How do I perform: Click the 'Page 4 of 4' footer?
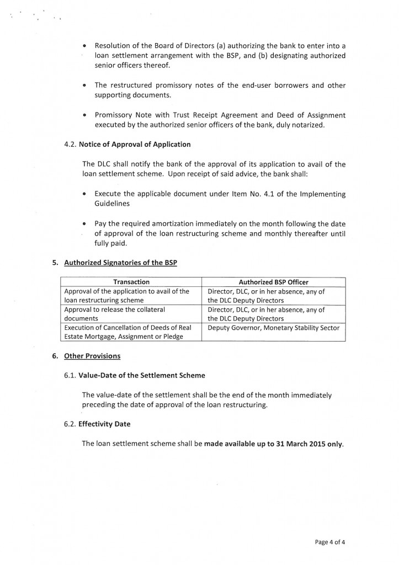coord(330,541)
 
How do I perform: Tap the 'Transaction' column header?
coord(131,282)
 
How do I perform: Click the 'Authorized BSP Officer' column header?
coord(273,282)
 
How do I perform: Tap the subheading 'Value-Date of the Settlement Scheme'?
coord(142,375)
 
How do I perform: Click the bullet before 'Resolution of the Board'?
coord(84,46)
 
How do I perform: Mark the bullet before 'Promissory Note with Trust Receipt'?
coord(84,116)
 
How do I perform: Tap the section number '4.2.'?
coord(71,145)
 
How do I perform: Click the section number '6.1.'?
coord(71,375)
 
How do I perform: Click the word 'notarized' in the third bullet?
coord(328,125)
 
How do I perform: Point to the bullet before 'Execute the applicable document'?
coord(84,194)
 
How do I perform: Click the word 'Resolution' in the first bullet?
coord(112,45)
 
